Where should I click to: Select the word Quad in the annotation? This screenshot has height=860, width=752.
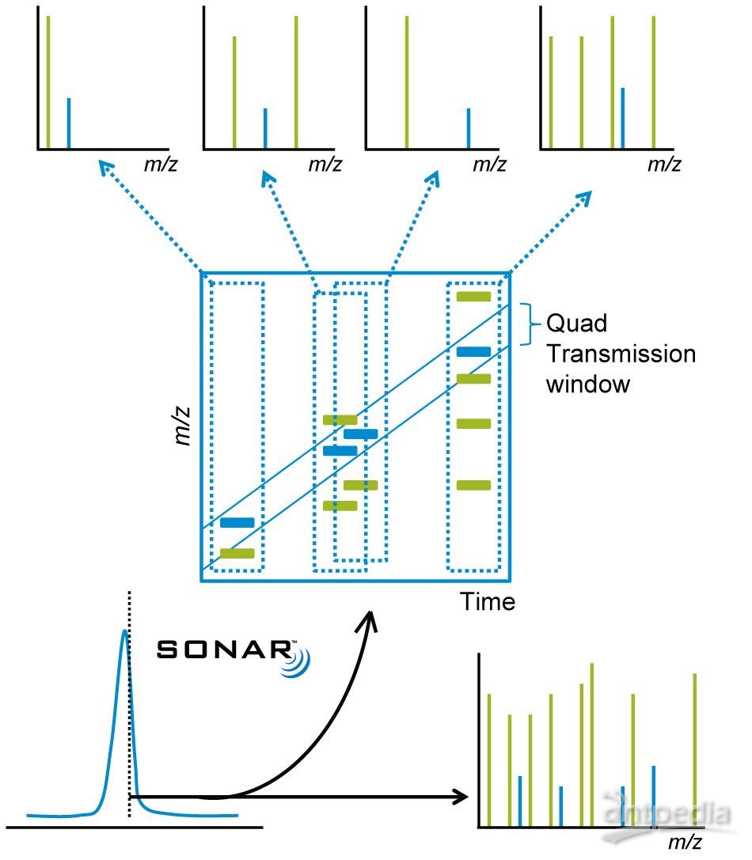[568, 324]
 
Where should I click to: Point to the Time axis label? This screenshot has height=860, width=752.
[488, 602]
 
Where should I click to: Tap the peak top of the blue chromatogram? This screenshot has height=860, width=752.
[123, 633]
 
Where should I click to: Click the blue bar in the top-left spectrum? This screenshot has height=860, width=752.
[69, 123]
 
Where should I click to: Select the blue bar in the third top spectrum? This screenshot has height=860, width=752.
[468, 127]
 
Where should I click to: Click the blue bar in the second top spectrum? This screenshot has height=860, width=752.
[265, 127]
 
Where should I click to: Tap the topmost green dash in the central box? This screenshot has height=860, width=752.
[474, 297]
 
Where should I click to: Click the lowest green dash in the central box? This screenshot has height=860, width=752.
[237, 554]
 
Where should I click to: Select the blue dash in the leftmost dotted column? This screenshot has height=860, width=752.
[237, 523]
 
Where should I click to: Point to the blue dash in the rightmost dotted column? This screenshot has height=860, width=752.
[474, 350]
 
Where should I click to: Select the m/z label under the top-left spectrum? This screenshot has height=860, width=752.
[154, 165]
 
